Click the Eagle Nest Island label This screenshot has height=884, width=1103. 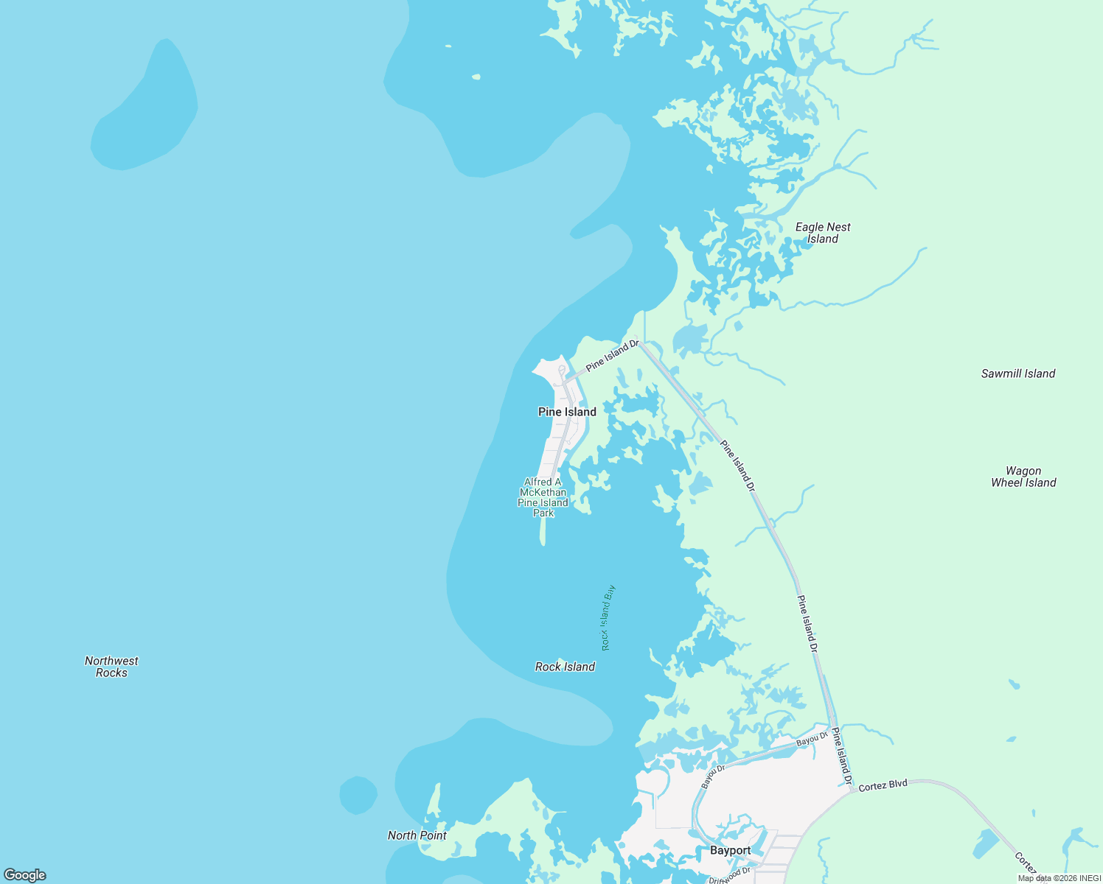pos(823,233)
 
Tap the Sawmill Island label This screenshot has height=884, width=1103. pos(1017,373)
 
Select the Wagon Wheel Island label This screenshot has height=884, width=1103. pos(1023,477)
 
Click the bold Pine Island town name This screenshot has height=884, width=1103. pos(567,412)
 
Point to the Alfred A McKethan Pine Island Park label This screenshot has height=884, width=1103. pos(543,497)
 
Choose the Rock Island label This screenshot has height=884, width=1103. pos(565,667)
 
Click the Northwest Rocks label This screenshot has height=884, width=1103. pos(111,667)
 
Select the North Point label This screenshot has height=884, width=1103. pos(417,835)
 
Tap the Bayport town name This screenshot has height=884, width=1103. pos(730,850)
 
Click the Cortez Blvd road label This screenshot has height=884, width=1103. pos(883,785)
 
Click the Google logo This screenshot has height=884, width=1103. pos(24,875)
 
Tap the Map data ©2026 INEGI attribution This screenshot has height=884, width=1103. pos(1059,878)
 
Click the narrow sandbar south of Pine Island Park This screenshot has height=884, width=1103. pos(543,530)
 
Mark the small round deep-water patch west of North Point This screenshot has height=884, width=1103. pos(358,796)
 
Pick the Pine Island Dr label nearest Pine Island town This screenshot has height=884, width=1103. pos(612,356)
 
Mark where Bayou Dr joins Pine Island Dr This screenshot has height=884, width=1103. pos(832,729)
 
